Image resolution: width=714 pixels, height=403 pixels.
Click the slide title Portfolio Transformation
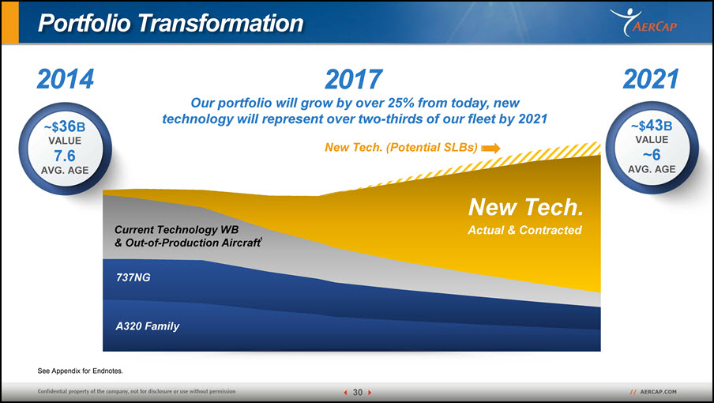(x=171, y=23)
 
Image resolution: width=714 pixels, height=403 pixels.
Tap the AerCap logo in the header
(x=644, y=22)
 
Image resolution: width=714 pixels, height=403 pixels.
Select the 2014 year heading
(x=66, y=79)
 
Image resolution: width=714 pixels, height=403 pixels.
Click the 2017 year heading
(x=354, y=79)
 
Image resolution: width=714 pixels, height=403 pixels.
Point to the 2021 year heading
(x=651, y=79)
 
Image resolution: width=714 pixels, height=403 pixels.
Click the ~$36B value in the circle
(x=65, y=126)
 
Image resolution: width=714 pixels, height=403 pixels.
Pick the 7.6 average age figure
(x=65, y=156)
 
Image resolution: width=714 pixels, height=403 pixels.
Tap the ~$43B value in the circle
(x=652, y=125)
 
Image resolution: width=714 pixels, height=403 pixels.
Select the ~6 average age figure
(x=652, y=155)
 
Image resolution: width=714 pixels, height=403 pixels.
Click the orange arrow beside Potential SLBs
(x=491, y=148)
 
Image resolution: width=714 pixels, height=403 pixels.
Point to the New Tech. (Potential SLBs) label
(x=401, y=148)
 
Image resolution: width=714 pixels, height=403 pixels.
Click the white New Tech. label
(x=526, y=207)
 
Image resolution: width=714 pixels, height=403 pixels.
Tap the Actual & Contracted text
(x=525, y=230)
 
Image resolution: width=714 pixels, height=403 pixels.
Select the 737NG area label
(x=133, y=277)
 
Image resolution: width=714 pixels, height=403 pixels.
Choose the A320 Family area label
(x=148, y=326)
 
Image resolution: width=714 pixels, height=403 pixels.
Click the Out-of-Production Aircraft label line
(x=188, y=243)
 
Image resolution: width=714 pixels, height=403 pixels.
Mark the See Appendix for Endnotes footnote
(x=80, y=371)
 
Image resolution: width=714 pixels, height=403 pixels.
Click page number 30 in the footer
(x=358, y=392)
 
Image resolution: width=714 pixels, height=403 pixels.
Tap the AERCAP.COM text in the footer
(x=658, y=392)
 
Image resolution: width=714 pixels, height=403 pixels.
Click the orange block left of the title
(x=10, y=22)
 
